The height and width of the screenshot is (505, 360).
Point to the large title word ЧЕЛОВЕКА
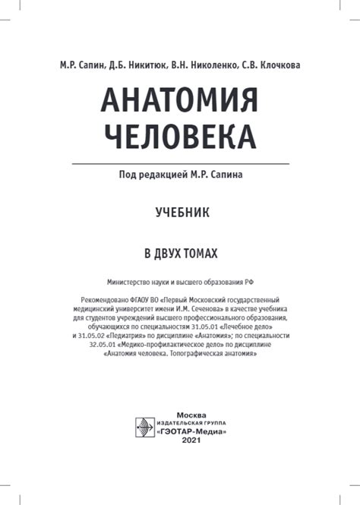[x=180, y=137]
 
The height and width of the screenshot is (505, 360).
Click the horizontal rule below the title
[x=180, y=163]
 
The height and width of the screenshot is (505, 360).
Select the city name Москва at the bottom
[x=191, y=414]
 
